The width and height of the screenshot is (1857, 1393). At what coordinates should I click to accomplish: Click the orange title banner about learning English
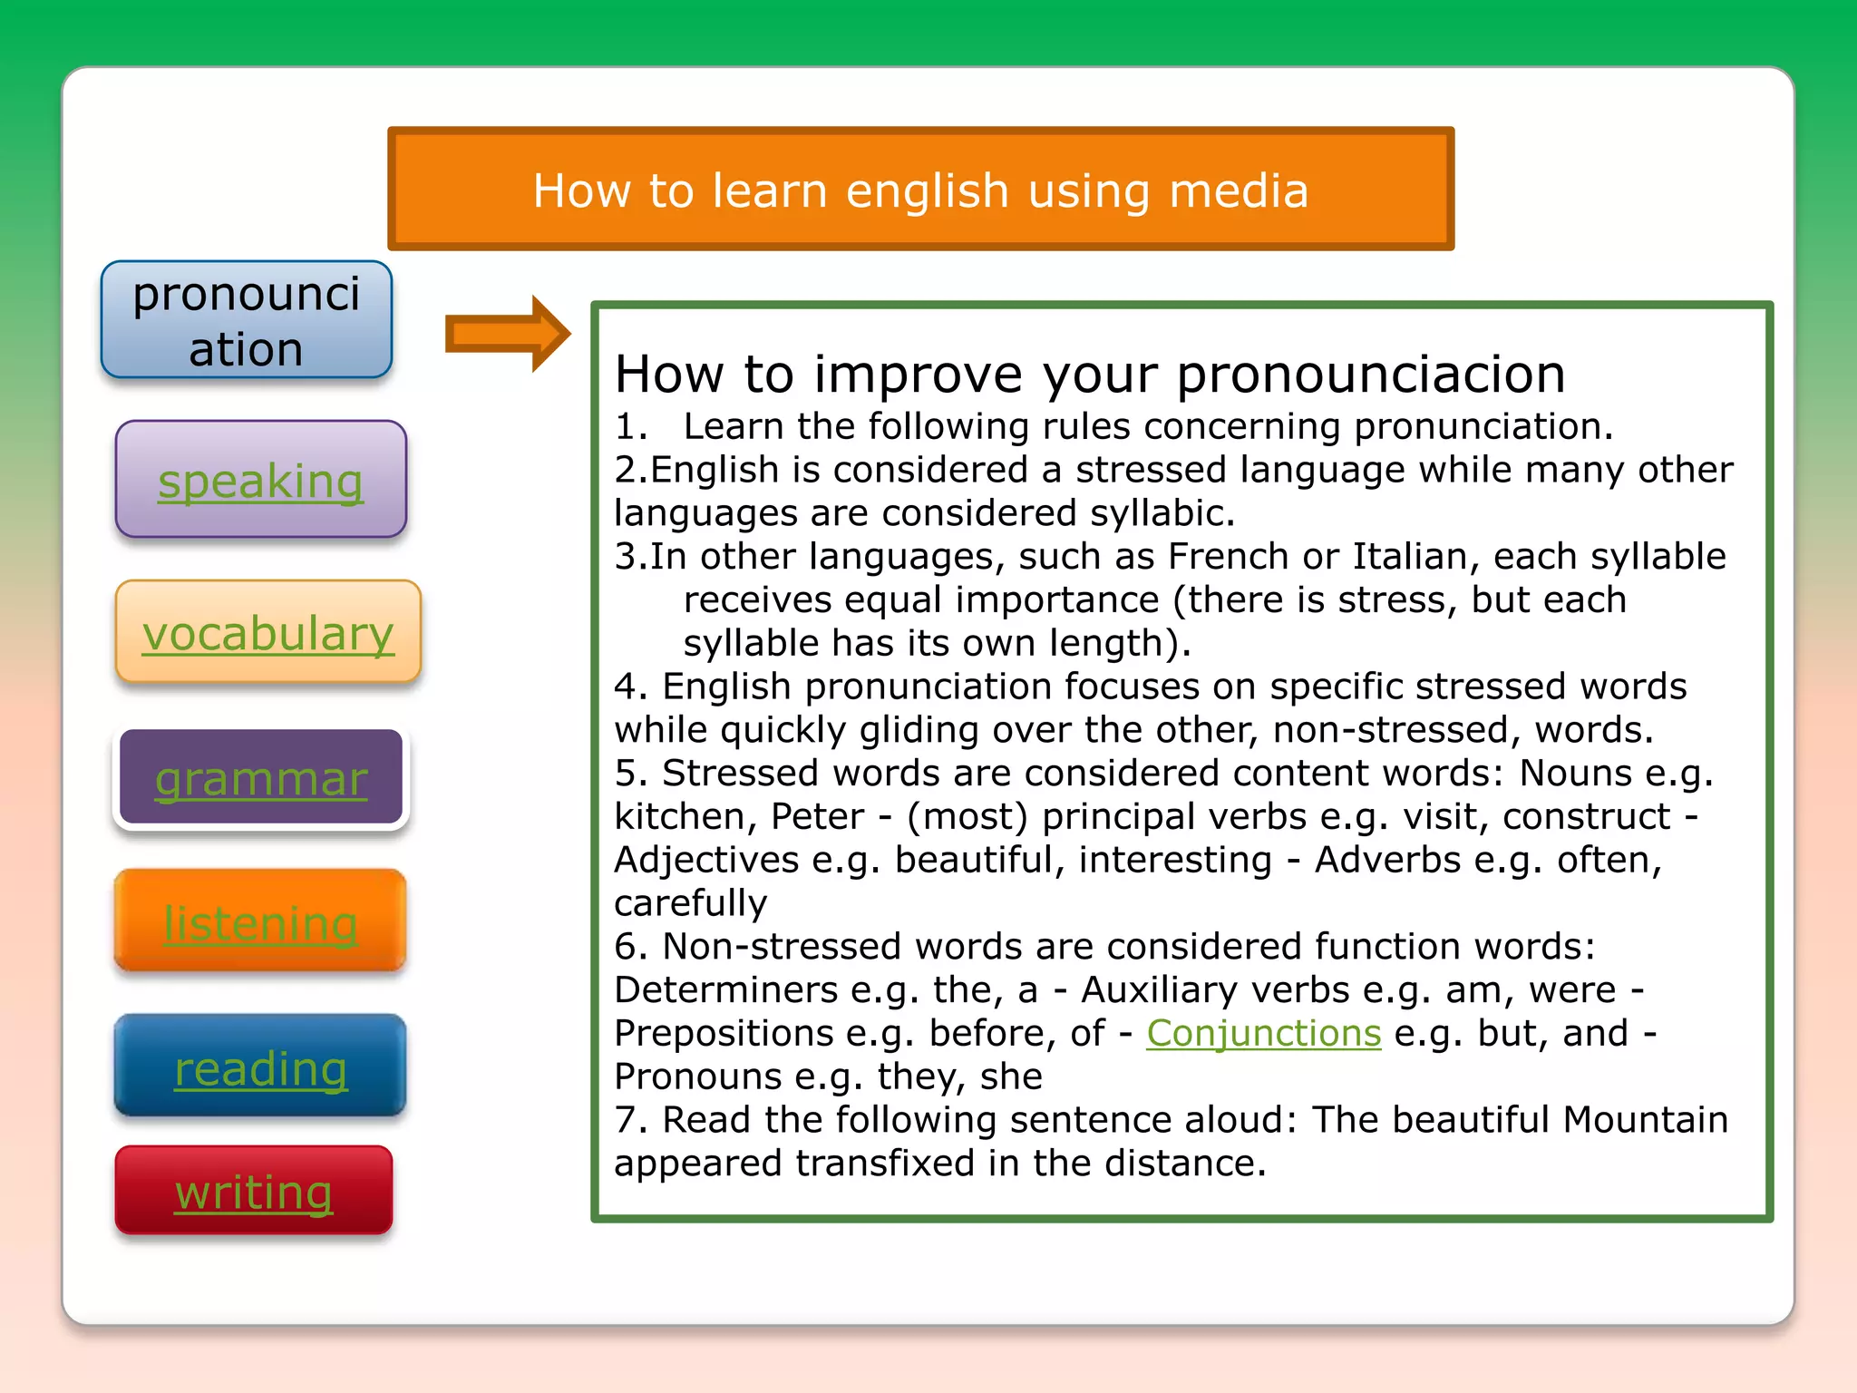919,189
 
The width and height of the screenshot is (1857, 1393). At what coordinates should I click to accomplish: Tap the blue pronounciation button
246,320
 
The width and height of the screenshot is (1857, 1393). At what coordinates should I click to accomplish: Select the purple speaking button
260,480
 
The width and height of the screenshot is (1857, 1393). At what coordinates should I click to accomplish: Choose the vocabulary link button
267,632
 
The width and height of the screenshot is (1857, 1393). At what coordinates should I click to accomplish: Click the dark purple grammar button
260,778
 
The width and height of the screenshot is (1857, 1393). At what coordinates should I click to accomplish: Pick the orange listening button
260,922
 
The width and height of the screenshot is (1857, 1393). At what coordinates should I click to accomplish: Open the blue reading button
260,1067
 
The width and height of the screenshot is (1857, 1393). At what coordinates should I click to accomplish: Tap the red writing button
254,1191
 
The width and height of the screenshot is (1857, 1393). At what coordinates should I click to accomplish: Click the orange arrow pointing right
507,334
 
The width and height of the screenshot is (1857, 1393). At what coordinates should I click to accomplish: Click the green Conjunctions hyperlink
1263,1033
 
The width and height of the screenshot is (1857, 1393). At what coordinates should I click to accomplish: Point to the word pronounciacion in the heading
1370,374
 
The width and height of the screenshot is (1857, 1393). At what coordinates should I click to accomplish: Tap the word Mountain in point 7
1645,1119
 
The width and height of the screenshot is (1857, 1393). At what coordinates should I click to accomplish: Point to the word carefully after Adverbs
690,903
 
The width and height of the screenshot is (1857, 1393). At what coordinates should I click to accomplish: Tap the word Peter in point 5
817,816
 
